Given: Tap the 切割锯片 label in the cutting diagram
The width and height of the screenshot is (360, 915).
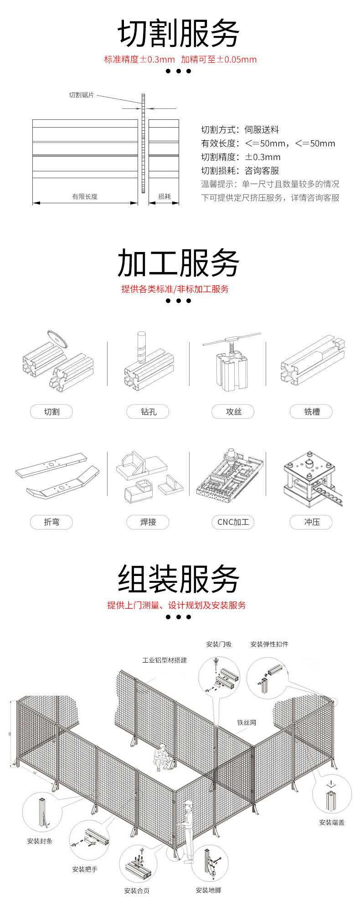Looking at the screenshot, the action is point(82,95).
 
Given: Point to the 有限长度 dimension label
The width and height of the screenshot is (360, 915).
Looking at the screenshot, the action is point(85,196).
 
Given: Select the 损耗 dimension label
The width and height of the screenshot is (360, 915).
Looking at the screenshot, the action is point(165,196).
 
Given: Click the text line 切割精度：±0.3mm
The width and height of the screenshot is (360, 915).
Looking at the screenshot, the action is point(241,157).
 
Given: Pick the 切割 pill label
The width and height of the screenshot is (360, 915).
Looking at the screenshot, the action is point(51,412).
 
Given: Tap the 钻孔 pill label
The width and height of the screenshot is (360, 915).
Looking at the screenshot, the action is point(148,412).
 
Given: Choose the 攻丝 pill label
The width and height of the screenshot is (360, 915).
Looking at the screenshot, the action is point(233,412).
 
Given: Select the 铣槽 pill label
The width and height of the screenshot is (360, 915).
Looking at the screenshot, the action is point(312,412).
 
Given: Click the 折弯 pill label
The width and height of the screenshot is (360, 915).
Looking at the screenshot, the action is point(51,522).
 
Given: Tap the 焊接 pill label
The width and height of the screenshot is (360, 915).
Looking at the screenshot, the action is point(148,522).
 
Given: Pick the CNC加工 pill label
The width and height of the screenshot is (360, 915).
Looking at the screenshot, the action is point(233,522).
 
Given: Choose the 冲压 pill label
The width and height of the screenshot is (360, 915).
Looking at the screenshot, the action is point(312,522).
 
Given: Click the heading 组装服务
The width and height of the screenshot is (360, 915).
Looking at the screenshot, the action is point(178,579).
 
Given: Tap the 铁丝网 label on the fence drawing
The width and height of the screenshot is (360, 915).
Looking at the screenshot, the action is point(247,723).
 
